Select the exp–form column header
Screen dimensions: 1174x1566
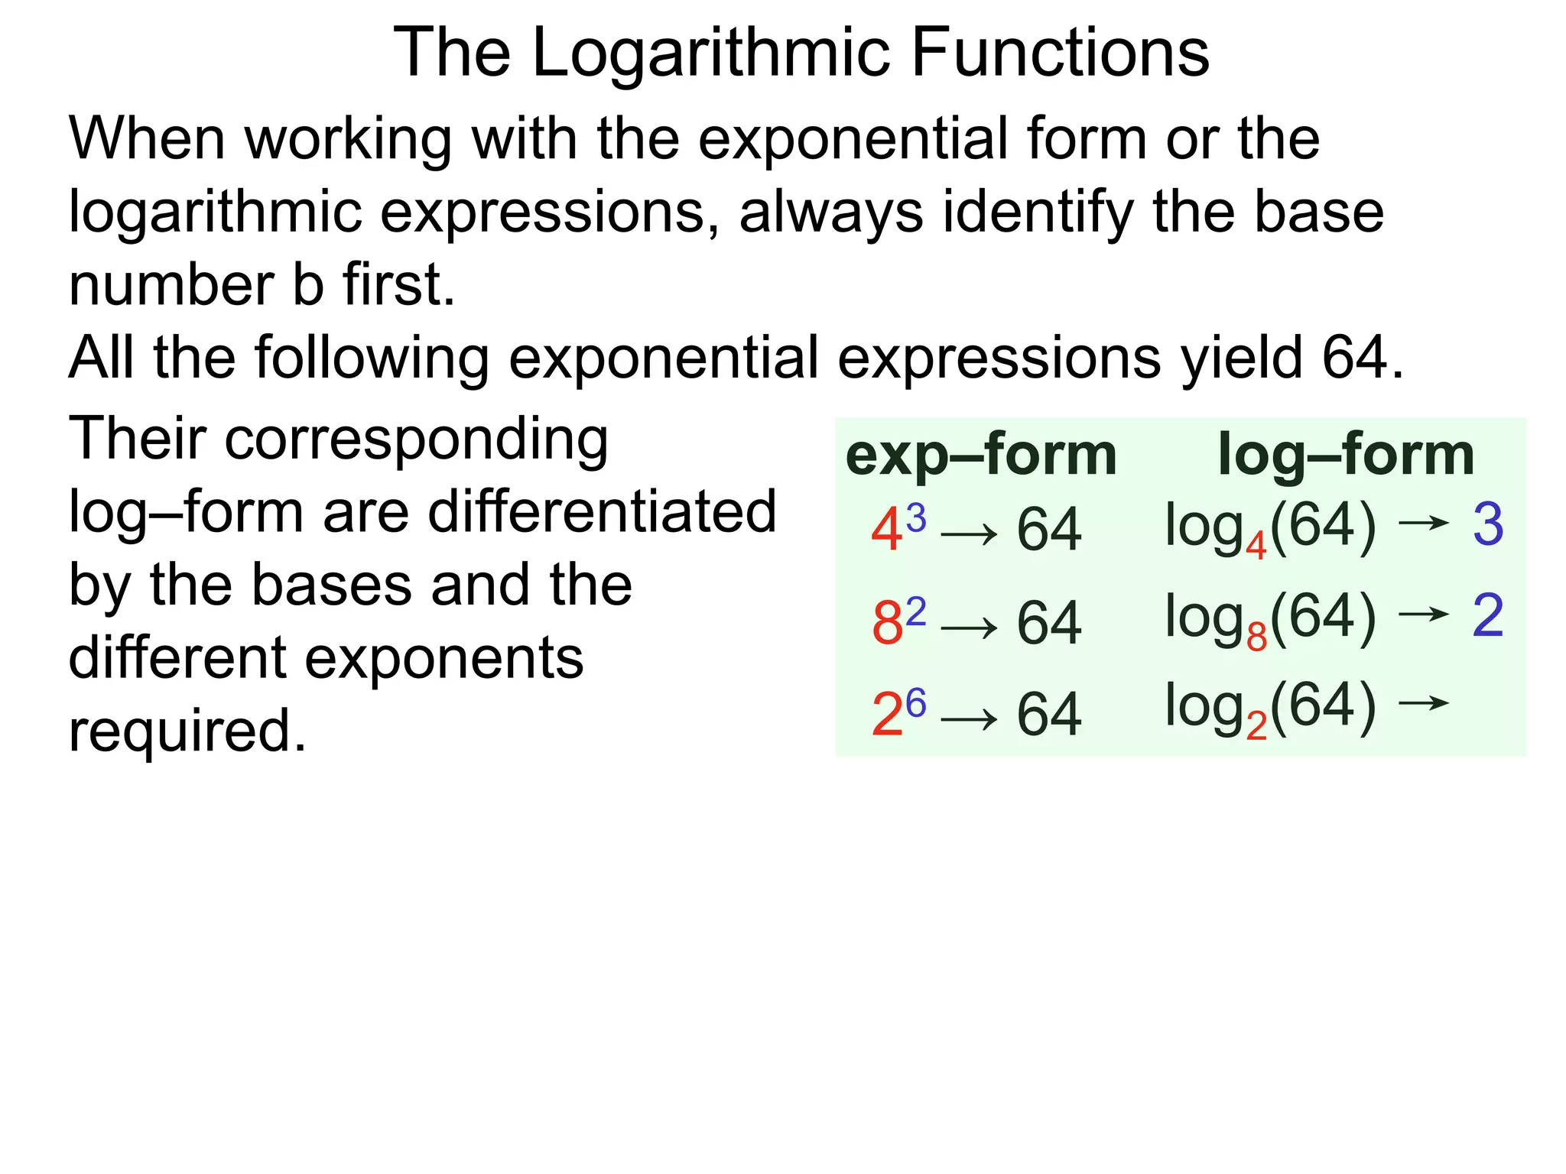tap(981, 455)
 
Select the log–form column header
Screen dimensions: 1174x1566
tap(1346, 455)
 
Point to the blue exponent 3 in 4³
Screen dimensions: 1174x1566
tap(916, 518)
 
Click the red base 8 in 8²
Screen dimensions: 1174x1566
tap(887, 623)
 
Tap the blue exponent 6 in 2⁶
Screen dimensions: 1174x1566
tap(916, 702)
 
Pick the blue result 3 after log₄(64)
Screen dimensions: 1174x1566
tap(1488, 525)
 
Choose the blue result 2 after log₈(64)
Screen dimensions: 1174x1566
tap(1488, 615)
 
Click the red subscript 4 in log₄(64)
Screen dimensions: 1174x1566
tap(1256, 546)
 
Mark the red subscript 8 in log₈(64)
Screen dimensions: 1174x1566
tap(1256, 637)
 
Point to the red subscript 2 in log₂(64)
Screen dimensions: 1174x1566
tap(1256, 726)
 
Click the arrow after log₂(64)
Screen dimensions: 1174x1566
tap(1423, 702)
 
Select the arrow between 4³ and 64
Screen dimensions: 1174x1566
tap(969, 534)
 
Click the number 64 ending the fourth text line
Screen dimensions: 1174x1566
tap(1353, 358)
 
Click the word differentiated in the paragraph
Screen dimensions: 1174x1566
tap(602, 511)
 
